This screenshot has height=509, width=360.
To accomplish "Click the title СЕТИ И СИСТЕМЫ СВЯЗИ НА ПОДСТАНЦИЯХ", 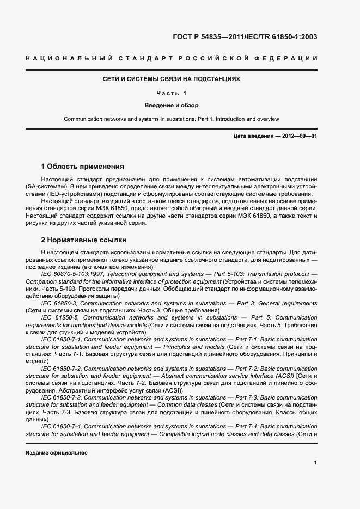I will click(x=172, y=79).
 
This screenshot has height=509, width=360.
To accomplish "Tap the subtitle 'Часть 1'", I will click(x=172, y=93).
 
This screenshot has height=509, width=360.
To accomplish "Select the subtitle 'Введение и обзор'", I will click(x=172, y=105).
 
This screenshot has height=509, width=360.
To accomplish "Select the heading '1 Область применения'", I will click(x=83, y=166).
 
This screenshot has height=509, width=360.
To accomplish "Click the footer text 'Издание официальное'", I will click(x=57, y=452).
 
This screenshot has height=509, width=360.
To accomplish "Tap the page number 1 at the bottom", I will click(x=315, y=462).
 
